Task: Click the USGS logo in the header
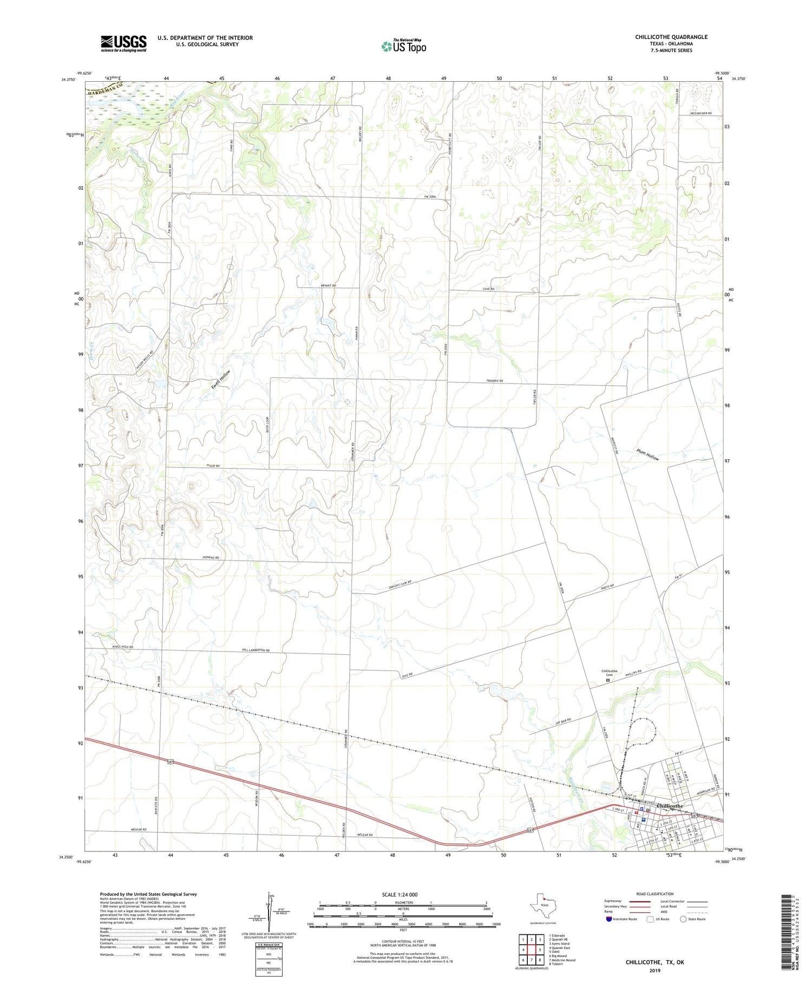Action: tap(123, 43)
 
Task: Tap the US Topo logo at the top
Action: tap(404, 47)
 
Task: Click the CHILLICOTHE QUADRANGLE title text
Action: tap(671, 37)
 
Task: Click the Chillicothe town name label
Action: tap(670, 806)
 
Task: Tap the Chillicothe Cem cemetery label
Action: tap(609, 673)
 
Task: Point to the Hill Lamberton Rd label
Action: tap(255, 650)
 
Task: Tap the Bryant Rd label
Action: tap(328, 285)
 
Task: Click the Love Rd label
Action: tap(489, 289)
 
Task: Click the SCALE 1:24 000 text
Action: tap(403, 894)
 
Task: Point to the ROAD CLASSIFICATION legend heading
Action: tap(655, 894)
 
